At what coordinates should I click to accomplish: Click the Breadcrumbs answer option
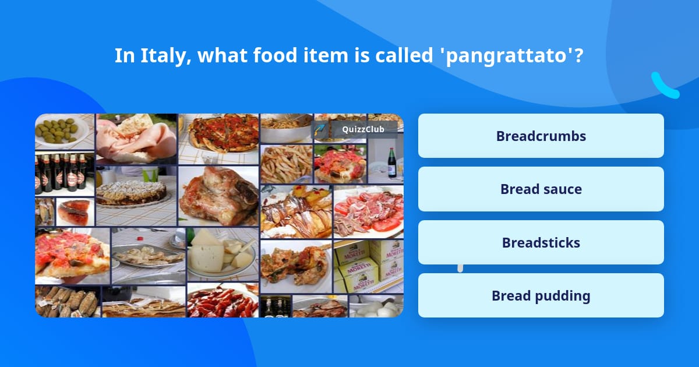point(541,136)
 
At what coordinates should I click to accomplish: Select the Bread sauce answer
point(541,189)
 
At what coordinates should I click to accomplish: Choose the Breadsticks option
point(541,243)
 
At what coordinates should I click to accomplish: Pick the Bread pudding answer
point(541,296)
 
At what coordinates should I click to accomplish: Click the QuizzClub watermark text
point(362,129)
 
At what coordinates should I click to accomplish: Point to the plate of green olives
point(59,130)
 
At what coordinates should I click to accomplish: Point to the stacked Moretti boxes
point(368,266)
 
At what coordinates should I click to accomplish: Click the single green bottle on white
point(392,163)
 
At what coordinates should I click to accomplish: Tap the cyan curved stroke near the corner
point(665,86)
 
